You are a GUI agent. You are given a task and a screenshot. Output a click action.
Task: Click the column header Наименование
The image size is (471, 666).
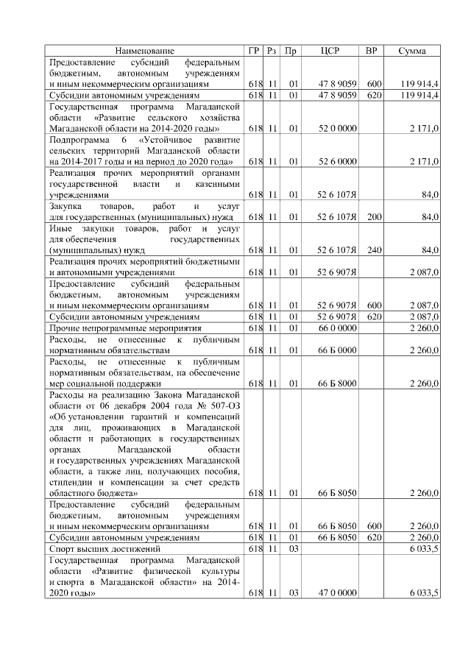click(145, 51)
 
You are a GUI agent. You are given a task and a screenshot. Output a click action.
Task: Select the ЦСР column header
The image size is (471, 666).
click(330, 51)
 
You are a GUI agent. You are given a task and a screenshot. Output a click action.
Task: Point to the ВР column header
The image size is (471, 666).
click(372, 51)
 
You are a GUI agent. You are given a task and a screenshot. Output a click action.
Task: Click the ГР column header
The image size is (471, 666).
click(255, 51)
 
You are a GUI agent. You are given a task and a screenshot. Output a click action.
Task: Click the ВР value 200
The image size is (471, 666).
click(374, 218)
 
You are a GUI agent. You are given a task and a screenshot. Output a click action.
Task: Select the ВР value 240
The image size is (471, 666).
click(374, 250)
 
